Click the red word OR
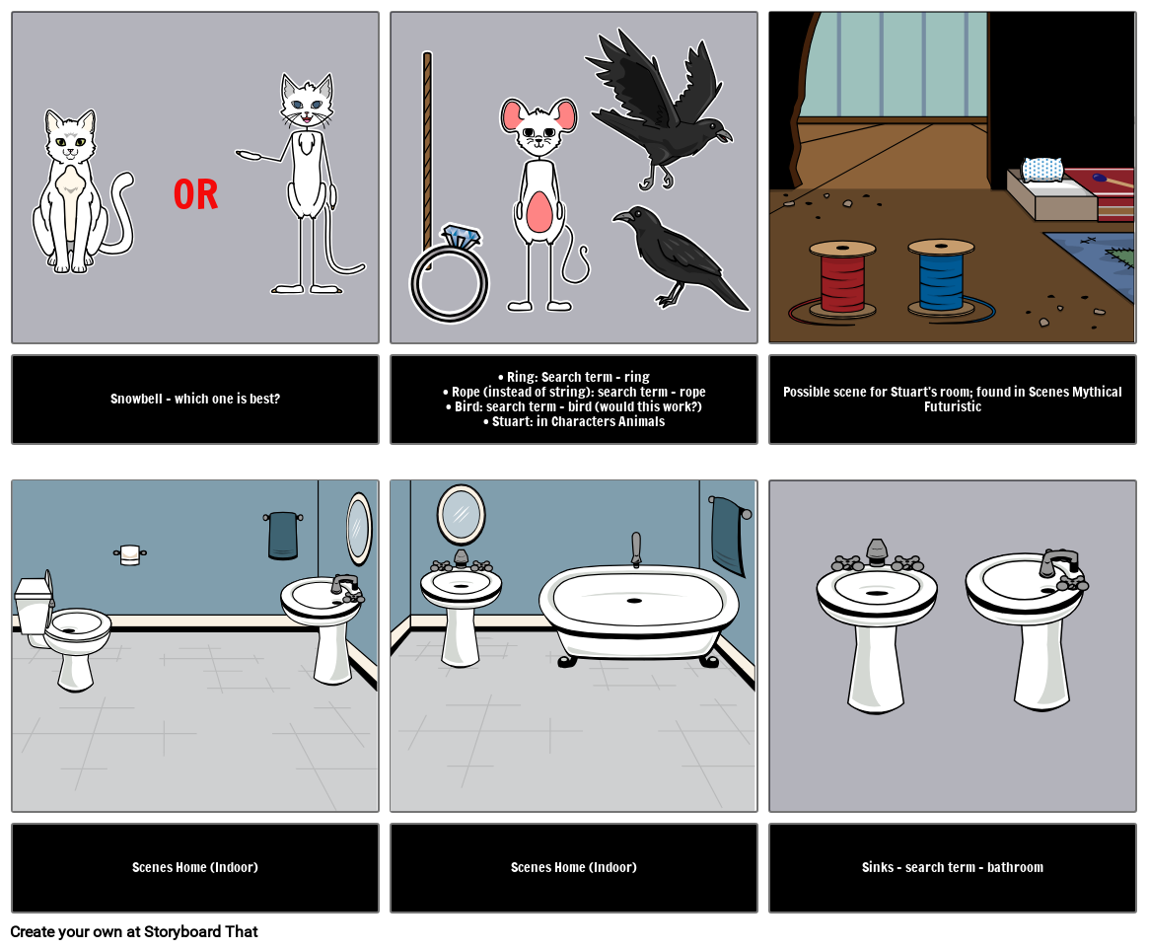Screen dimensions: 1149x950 [x=195, y=195]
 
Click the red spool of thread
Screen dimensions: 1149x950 [x=842, y=278]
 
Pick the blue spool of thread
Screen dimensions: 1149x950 [x=941, y=277]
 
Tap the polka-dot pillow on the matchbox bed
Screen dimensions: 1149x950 [x=1042, y=170]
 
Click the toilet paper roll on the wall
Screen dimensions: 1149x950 [x=130, y=554]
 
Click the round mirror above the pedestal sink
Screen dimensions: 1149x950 [x=461, y=515]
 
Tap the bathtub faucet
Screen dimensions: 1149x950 [x=636, y=549]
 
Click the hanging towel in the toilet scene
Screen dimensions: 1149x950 [x=283, y=535]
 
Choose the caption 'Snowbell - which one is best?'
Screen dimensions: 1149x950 [x=195, y=399]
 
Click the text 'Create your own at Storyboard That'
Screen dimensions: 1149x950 [x=134, y=931]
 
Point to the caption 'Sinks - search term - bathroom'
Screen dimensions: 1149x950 [x=953, y=867]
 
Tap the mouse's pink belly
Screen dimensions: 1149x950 [x=540, y=212]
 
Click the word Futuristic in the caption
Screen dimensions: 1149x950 [x=953, y=406]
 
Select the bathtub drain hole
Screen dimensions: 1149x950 [x=634, y=601]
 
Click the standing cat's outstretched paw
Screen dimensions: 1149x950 [x=248, y=155]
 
